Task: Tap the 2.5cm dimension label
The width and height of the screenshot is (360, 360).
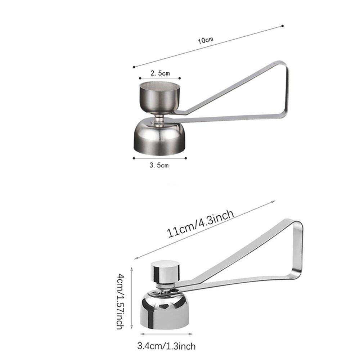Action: (160, 73)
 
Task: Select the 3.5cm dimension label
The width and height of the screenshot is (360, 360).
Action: (159, 166)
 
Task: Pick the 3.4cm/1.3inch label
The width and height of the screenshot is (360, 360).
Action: (166, 347)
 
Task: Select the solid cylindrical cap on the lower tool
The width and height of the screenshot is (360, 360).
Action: (165, 271)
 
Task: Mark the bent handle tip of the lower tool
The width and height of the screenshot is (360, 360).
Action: (301, 248)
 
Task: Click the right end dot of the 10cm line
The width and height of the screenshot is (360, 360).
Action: (283, 26)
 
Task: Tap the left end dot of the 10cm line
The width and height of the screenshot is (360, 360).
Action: (134, 67)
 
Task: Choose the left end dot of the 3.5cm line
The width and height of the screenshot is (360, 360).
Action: (134, 158)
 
